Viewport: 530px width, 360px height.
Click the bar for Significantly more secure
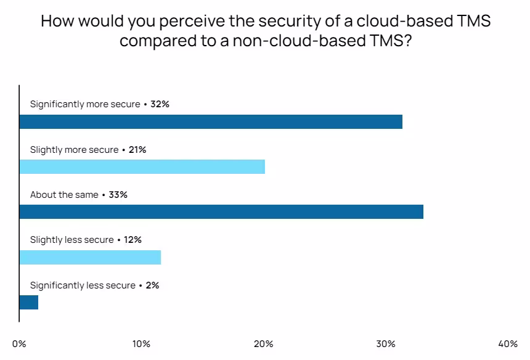click(211, 121)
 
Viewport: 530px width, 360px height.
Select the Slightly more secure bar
click(142, 166)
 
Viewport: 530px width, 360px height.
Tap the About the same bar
click(221, 212)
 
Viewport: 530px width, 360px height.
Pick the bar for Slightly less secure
click(90, 257)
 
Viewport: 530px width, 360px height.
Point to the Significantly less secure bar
click(29, 302)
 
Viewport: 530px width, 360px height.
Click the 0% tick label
click(19, 344)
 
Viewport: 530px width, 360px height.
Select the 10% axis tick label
click(141, 344)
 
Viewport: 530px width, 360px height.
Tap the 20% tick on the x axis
click(264, 344)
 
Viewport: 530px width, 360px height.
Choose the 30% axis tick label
click(386, 344)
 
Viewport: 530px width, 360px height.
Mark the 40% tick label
click(508, 344)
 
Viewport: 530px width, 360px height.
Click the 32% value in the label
click(160, 104)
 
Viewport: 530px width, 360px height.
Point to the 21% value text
click(137, 150)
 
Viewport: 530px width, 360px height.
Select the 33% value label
click(118, 195)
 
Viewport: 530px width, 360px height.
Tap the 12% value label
click(132, 240)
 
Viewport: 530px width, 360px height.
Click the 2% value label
click(152, 285)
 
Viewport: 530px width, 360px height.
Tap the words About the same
click(64, 195)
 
